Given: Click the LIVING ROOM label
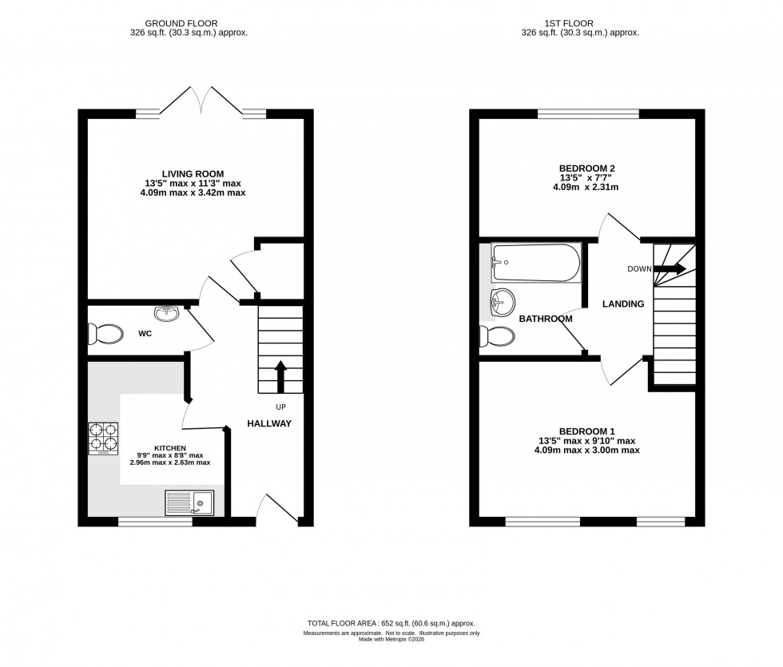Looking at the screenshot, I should pos(193,173).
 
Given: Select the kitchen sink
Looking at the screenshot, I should pos(189,502).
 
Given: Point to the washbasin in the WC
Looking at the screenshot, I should pos(168,312).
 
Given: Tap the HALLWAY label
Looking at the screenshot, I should pos(268,423).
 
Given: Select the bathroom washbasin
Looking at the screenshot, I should pos(503,303).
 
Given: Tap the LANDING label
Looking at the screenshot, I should pos(622,304).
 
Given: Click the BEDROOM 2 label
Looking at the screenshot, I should pos(587,168).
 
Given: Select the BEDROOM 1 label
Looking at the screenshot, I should pos(586,430).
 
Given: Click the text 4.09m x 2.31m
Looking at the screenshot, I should pos(587,188).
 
